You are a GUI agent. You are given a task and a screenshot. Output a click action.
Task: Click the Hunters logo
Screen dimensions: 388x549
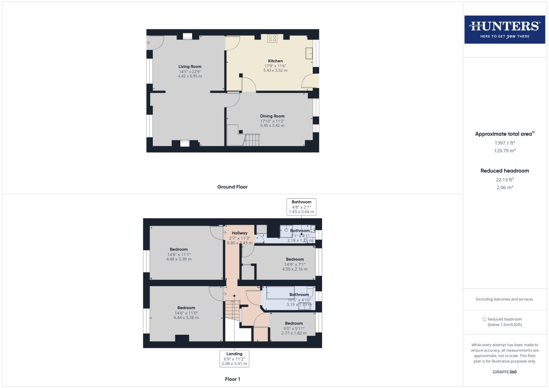point(504,29)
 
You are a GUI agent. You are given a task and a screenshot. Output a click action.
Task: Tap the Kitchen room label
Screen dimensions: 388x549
point(275,61)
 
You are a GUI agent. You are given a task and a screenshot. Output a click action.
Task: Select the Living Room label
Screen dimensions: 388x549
point(190,66)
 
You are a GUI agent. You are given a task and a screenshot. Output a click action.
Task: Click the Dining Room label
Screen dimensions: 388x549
point(272,116)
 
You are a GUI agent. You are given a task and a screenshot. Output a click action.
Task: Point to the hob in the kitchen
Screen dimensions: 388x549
point(272,38)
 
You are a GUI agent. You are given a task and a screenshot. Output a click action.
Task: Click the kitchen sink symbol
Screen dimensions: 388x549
point(309,53)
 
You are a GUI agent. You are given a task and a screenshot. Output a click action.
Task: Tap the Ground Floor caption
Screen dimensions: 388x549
point(232,187)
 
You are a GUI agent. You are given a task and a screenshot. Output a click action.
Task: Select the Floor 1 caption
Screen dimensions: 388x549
point(232,379)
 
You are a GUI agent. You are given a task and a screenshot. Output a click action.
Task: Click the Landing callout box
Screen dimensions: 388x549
point(234,359)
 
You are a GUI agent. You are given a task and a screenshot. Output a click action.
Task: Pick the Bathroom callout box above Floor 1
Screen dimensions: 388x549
point(301,207)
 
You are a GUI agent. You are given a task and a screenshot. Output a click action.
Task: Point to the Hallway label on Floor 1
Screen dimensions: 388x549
point(239,233)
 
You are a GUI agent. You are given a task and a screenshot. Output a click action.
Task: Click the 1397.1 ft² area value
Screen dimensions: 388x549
point(504,143)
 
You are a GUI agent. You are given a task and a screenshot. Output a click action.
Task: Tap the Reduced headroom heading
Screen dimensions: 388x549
point(504,171)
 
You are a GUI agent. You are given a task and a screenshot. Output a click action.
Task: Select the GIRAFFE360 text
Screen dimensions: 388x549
point(504,372)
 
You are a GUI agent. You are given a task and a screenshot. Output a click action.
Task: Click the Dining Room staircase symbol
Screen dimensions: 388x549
point(252,140)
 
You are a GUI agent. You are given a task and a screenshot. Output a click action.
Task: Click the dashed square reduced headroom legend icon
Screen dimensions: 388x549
point(484,319)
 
